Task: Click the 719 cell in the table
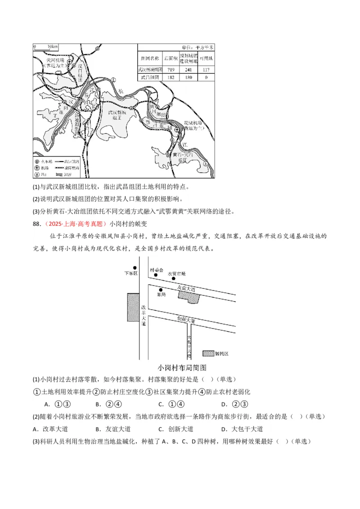(x=171, y=70)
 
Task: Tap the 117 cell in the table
(x=206, y=70)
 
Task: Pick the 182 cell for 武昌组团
(x=171, y=77)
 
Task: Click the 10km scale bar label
(x=52, y=47)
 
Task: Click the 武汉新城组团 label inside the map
(x=118, y=116)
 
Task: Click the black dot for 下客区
(x=134, y=268)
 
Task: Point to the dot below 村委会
(x=156, y=274)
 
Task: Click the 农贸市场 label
(x=176, y=273)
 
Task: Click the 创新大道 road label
(x=186, y=320)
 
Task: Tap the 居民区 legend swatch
(x=208, y=353)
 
